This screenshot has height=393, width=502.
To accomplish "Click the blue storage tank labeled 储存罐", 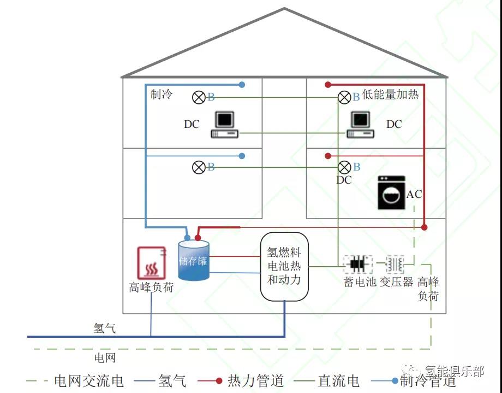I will [194, 261].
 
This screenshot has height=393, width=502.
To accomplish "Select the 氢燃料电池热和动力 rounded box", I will [284, 267].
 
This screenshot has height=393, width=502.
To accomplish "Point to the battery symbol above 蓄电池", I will [357, 264].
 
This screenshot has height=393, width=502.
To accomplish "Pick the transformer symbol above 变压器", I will [395, 264].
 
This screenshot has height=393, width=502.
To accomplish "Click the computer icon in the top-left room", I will [224, 125].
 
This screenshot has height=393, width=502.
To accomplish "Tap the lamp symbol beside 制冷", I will [199, 97].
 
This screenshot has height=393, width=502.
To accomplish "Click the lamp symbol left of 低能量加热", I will [344, 97].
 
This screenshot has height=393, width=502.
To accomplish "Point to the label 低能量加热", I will [391, 94].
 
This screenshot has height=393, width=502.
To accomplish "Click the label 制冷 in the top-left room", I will [162, 94].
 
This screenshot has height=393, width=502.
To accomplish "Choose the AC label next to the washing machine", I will [414, 194].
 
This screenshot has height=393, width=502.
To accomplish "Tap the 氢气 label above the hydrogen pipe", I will [105, 328].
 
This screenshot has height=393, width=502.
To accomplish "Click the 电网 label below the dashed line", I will [105, 358].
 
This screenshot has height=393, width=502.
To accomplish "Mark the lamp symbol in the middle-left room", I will [199, 167].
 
